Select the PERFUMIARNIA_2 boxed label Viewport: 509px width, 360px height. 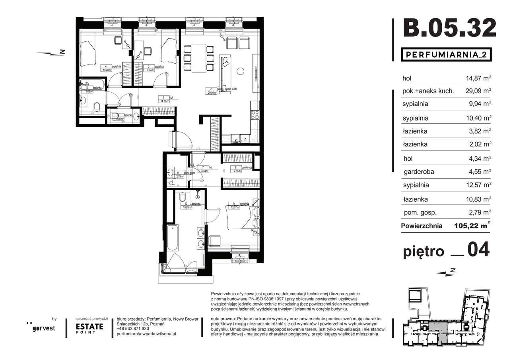coord(446,54)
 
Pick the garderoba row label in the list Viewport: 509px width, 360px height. coord(418,172)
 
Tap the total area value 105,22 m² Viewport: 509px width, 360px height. coord(471,226)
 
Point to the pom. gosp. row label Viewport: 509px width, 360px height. coord(419,212)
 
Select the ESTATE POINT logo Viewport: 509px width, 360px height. coord(89,328)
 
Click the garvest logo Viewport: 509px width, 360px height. coord(44,328)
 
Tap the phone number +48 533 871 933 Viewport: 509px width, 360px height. coord(133,329)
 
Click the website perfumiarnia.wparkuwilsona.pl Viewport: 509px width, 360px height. coord(146,334)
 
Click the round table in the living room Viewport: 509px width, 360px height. coord(240,72)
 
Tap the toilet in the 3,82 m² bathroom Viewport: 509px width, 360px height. coord(96,106)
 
